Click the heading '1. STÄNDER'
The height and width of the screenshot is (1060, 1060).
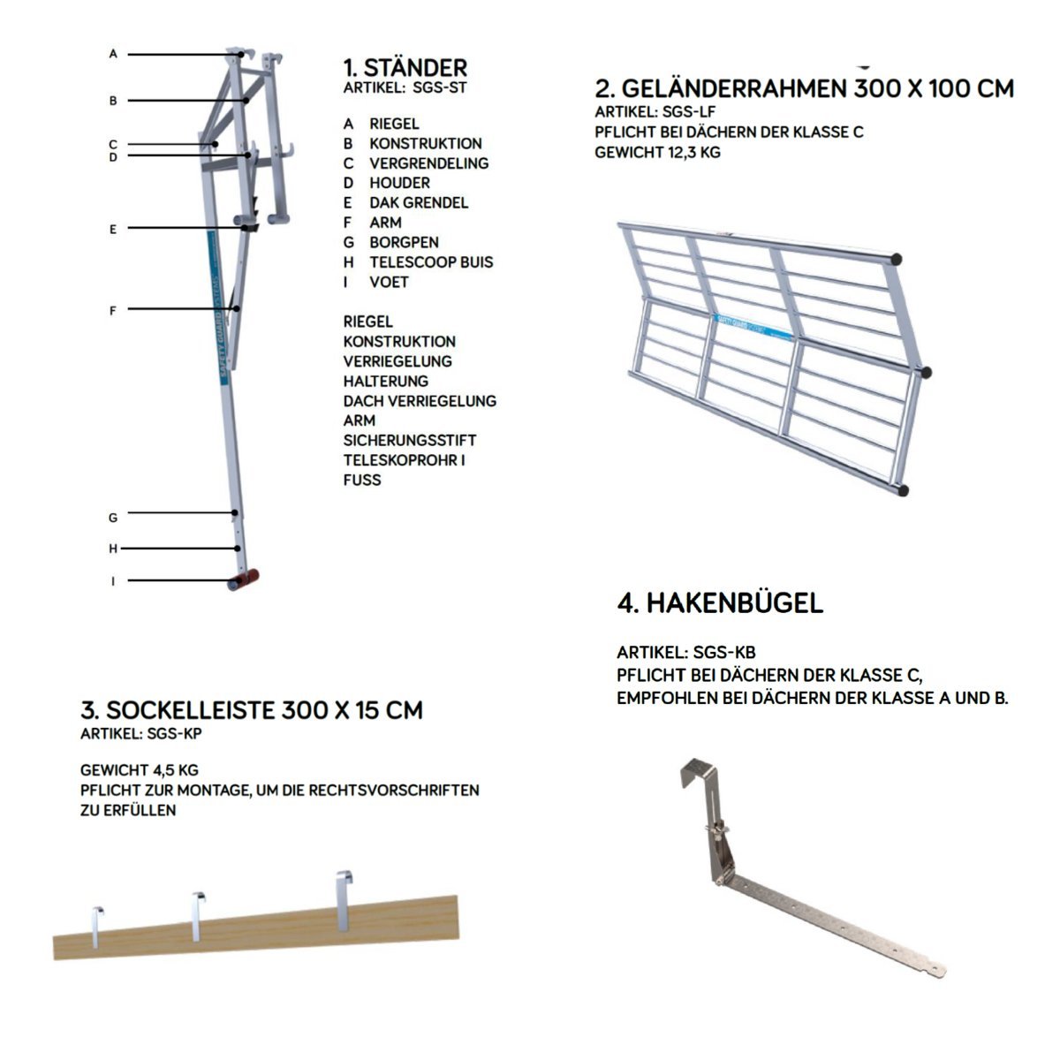pyautogui.click(x=405, y=67)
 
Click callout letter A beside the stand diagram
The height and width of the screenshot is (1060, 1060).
pyautogui.click(x=113, y=54)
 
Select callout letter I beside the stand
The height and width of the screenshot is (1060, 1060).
pyautogui.click(x=113, y=581)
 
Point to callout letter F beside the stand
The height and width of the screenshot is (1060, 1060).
pyautogui.click(x=113, y=310)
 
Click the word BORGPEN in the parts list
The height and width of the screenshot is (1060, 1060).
pyautogui.click(x=404, y=242)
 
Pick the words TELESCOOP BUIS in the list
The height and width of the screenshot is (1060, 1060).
pyautogui.click(x=431, y=262)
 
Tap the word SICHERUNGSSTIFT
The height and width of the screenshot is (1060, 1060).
pyautogui.click(x=410, y=440)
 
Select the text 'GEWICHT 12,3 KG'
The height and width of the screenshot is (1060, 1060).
pyautogui.click(x=657, y=152)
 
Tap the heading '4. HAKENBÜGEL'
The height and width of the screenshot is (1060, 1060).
pyautogui.click(x=720, y=603)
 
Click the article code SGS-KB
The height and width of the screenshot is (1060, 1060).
pyautogui.click(x=724, y=653)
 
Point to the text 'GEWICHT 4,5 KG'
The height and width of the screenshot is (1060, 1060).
pyautogui.click(x=140, y=769)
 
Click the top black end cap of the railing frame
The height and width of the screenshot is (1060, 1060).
pyautogui.click(x=897, y=260)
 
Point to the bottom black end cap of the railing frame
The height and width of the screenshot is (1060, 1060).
pyautogui.click(x=903, y=488)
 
